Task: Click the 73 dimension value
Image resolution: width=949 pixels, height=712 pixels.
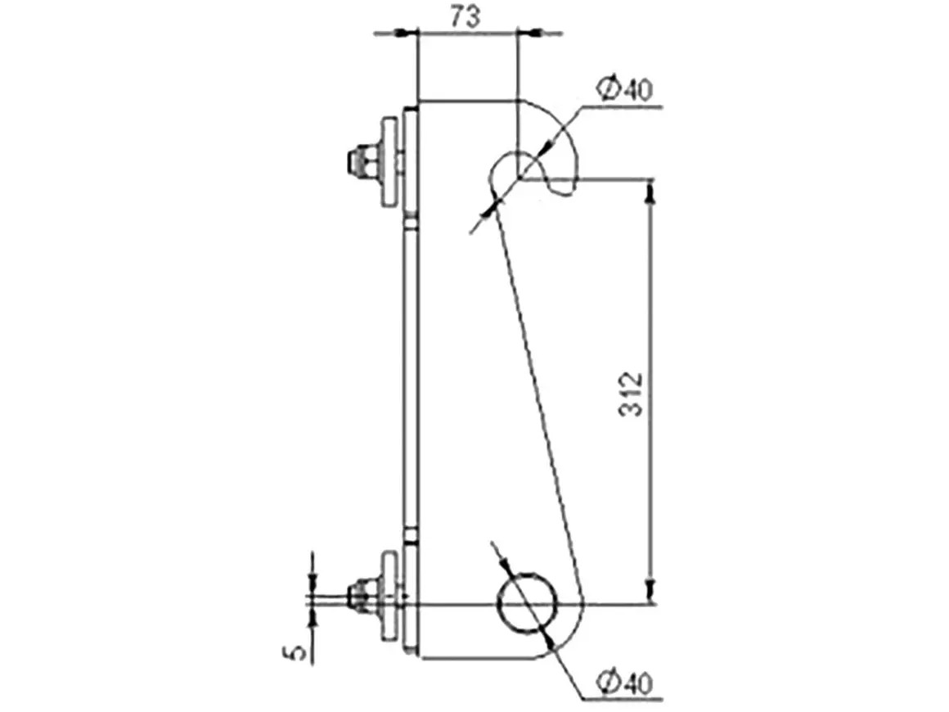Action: pyautogui.click(x=466, y=16)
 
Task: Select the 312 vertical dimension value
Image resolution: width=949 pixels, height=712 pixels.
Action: pyautogui.click(x=631, y=394)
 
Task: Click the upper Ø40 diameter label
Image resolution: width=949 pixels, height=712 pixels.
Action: pyautogui.click(x=625, y=89)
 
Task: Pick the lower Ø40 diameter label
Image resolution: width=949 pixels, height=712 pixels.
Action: pyautogui.click(x=625, y=683)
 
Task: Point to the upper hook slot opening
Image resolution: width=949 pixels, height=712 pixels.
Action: pyautogui.click(x=520, y=176)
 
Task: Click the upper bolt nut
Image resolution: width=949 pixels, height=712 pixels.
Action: pyautogui.click(x=362, y=160)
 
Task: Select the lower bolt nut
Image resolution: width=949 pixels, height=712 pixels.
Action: pyautogui.click(x=362, y=597)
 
